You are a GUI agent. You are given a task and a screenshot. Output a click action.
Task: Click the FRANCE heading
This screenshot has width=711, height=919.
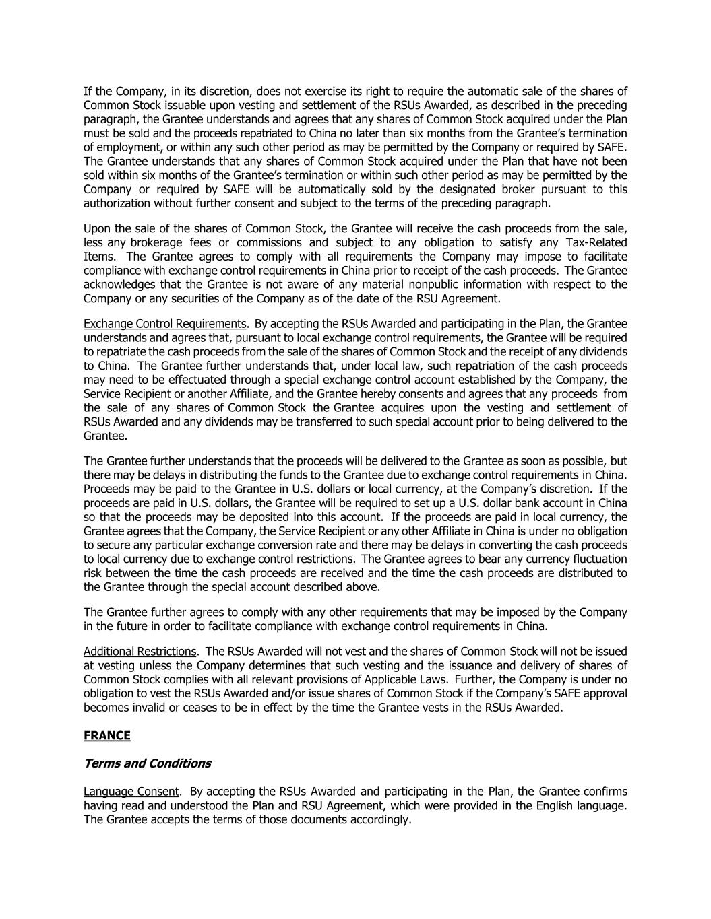point(106,735)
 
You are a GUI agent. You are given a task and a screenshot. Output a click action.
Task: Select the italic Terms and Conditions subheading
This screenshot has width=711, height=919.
point(147,763)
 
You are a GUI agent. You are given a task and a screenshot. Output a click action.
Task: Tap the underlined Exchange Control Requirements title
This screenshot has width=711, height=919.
point(164,324)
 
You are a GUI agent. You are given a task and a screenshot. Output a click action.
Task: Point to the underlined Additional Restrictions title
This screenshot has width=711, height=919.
point(140,651)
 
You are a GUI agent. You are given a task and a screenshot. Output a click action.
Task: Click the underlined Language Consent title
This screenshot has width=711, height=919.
point(131,791)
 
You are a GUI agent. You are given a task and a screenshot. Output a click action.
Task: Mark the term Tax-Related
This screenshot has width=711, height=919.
point(594,242)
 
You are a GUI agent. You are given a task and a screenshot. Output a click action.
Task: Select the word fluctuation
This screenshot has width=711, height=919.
point(598,559)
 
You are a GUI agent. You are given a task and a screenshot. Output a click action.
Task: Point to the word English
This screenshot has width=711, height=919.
point(555,805)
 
